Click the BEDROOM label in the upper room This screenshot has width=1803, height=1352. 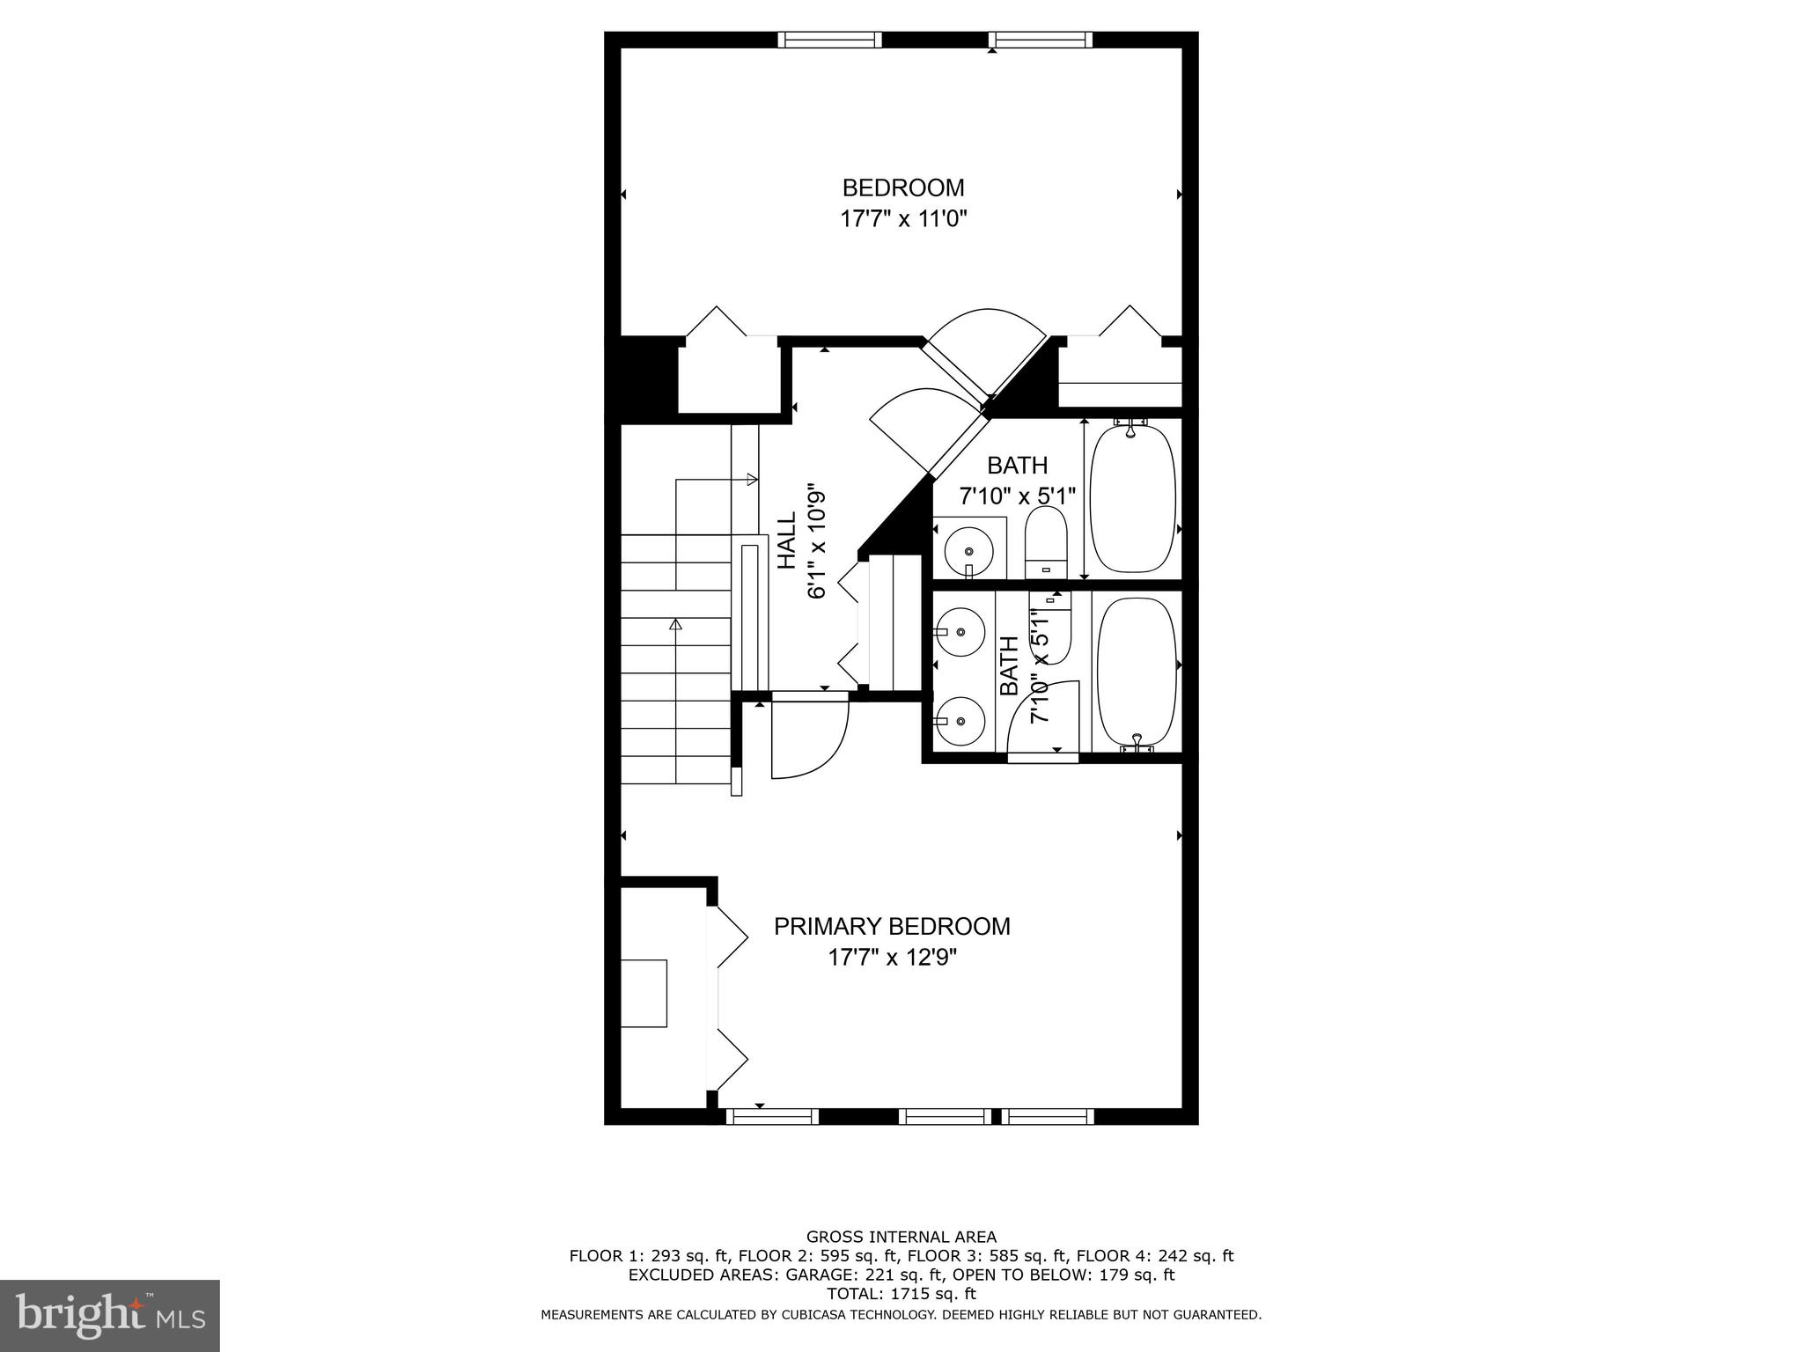902,187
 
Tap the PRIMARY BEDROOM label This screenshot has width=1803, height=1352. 892,926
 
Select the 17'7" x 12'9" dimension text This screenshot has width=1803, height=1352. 892,957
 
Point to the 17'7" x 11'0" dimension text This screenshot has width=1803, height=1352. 903,218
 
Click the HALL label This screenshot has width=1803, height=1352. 786,541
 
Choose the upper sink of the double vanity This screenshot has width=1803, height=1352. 960,631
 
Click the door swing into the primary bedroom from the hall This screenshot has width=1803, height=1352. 808,738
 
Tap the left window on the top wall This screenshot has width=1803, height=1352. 829,40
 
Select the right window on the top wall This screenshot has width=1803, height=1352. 1040,40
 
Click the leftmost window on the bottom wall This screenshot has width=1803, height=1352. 772,1117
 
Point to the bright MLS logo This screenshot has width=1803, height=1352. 109,1315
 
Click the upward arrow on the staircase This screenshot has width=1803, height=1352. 676,625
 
